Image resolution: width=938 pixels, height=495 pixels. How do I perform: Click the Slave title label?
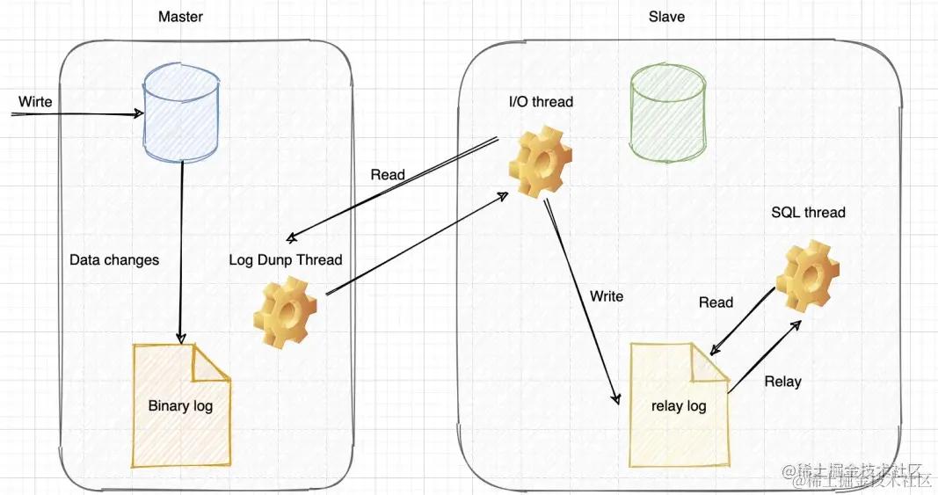click(665, 17)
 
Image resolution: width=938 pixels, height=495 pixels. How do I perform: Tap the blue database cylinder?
click(180, 112)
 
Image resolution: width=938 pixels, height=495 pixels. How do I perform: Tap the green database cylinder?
click(667, 113)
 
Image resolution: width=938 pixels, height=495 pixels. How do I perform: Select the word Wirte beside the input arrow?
click(35, 102)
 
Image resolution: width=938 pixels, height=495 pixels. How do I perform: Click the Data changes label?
click(114, 260)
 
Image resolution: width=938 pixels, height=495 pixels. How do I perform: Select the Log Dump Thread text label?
click(286, 260)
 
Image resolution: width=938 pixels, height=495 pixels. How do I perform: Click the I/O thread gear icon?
click(541, 163)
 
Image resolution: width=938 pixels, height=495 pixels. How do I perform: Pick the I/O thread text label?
click(541, 102)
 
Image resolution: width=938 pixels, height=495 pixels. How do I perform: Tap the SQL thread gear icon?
click(806, 273)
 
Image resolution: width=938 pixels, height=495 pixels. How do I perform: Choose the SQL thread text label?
click(808, 213)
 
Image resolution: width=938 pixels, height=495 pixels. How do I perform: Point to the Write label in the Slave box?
click(607, 296)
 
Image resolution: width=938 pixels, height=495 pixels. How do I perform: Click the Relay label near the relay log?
click(782, 382)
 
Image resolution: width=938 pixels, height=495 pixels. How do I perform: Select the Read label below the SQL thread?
click(716, 302)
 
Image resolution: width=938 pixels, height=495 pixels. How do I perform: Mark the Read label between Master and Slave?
click(388, 175)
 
